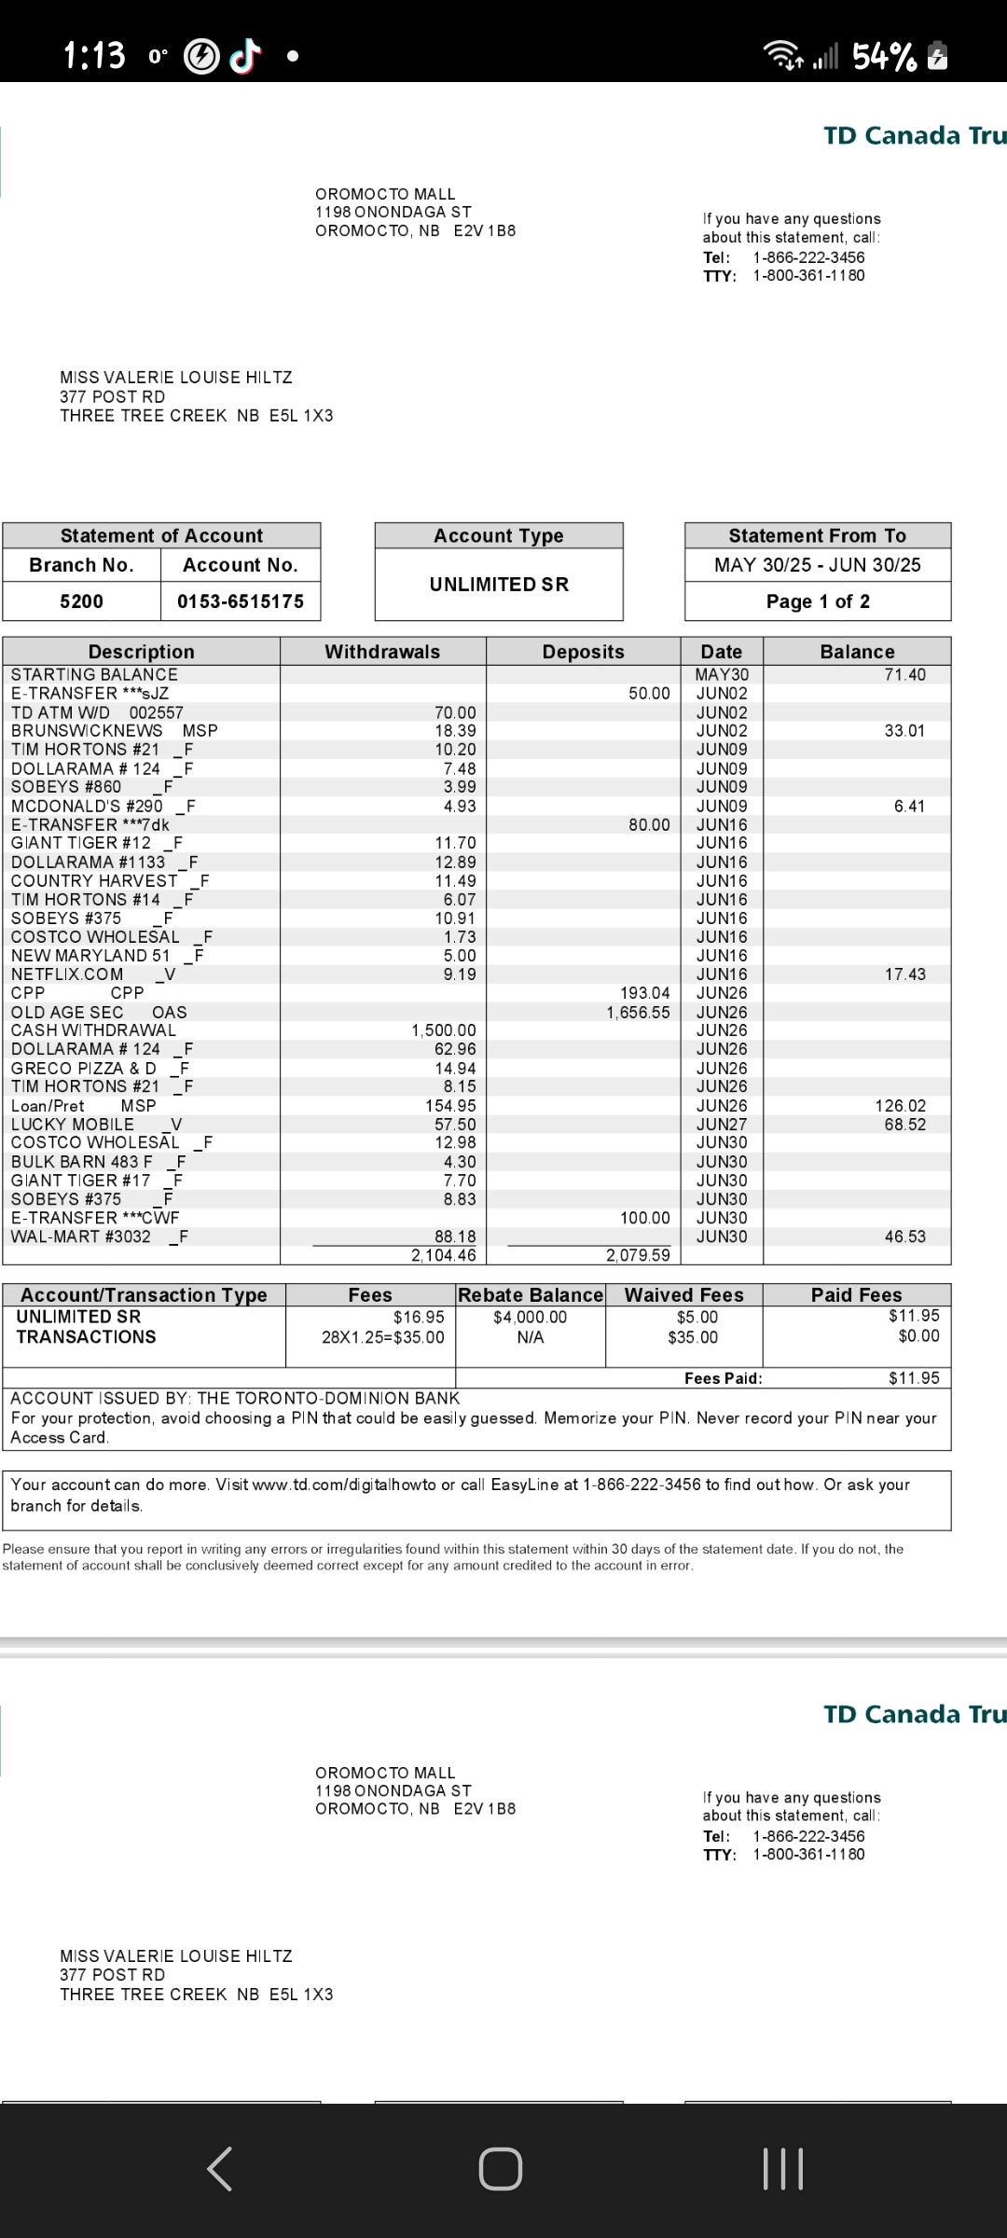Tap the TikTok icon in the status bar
[x=243, y=57]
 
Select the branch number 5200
[x=81, y=601]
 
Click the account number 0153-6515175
[x=241, y=601]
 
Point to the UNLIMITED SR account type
[x=499, y=585]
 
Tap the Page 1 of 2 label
[x=818, y=601]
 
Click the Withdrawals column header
[x=382, y=652]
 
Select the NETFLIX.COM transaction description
[x=67, y=974]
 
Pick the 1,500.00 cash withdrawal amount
[x=444, y=1030]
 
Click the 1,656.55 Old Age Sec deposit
[x=638, y=1013]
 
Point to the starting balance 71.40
[x=904, y=674]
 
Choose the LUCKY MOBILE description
[x=73, y=1125]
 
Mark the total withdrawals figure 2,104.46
[x=444, y=1255]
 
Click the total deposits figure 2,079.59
[x=638, y=1255]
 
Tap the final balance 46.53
[x=904, y=1236]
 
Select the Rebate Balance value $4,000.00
[x=530, y=1318]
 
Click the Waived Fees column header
[x=683, y=1295]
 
